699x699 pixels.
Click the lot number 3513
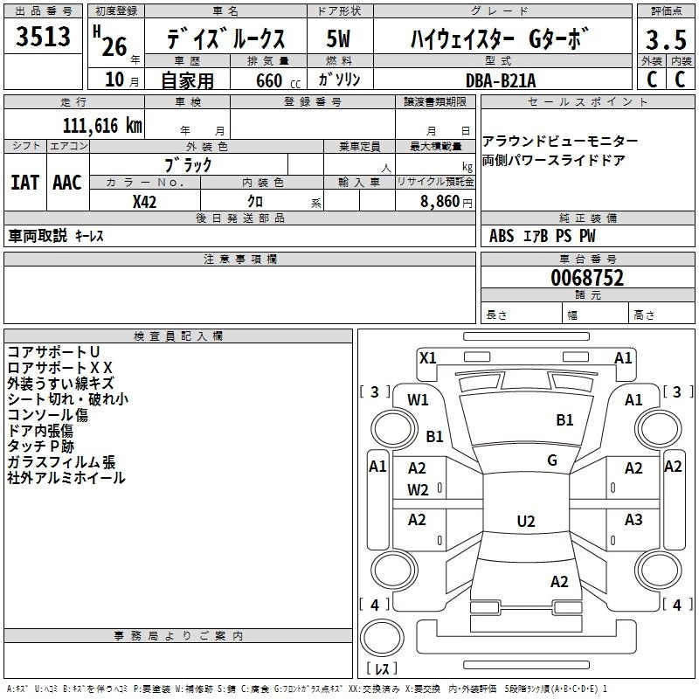tap(43, 37)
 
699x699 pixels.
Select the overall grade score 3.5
tap(666, 40)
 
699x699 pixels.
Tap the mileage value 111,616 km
tap(102, 126)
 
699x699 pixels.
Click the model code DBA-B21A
tap(501, 80)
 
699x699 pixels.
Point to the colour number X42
tap(144, 202)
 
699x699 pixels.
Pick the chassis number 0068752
tap(587, 278)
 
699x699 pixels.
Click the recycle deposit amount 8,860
tap(439, 202)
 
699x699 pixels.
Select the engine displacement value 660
tap(269, 80)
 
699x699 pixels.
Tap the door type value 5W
tap(338, 38)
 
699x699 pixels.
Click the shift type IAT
tap(24, 183)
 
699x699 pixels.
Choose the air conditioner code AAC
tap(67, 183)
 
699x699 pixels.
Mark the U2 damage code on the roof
tap(526, 522)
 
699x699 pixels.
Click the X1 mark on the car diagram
tap(427, 358)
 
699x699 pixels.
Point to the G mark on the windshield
tap(552, 460)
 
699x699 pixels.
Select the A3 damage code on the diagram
tap(633, 520)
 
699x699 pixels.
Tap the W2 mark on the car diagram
tap(418, 490)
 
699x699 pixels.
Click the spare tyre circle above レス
tap(382, 638)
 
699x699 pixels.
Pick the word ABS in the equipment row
tap(502, 236)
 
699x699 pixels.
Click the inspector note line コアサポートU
tap(53, 352)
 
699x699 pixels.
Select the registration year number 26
tap(114, 47)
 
